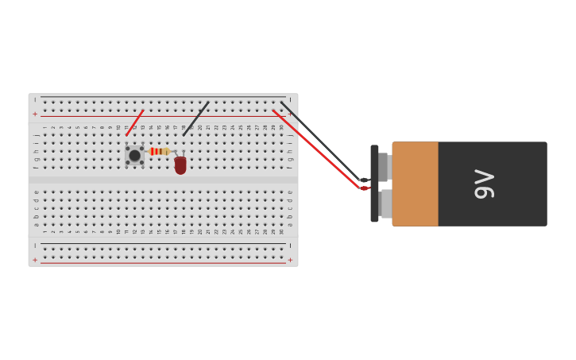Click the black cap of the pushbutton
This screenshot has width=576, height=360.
134,156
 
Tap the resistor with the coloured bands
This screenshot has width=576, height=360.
159,151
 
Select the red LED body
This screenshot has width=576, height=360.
180,165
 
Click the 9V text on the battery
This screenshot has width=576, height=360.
484,184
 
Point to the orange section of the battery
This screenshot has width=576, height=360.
415,184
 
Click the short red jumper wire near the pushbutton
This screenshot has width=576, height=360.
134,123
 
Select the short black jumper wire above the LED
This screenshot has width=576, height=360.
195,119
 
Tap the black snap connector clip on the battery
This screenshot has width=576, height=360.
374,184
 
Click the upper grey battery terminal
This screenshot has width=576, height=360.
384,167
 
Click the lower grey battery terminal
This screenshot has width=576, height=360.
385,203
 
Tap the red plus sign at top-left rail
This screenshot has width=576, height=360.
35,114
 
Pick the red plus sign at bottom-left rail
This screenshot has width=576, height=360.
35,260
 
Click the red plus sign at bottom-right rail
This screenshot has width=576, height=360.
290,260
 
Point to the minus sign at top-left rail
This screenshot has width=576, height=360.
35,100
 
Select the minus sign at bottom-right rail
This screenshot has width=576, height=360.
290,246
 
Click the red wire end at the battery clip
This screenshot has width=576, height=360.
364,188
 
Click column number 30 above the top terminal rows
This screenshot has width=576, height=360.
281,127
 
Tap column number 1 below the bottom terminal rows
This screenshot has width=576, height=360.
44,231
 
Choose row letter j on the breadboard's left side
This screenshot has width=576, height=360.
36,135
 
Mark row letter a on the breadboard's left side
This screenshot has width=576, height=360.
36,225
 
